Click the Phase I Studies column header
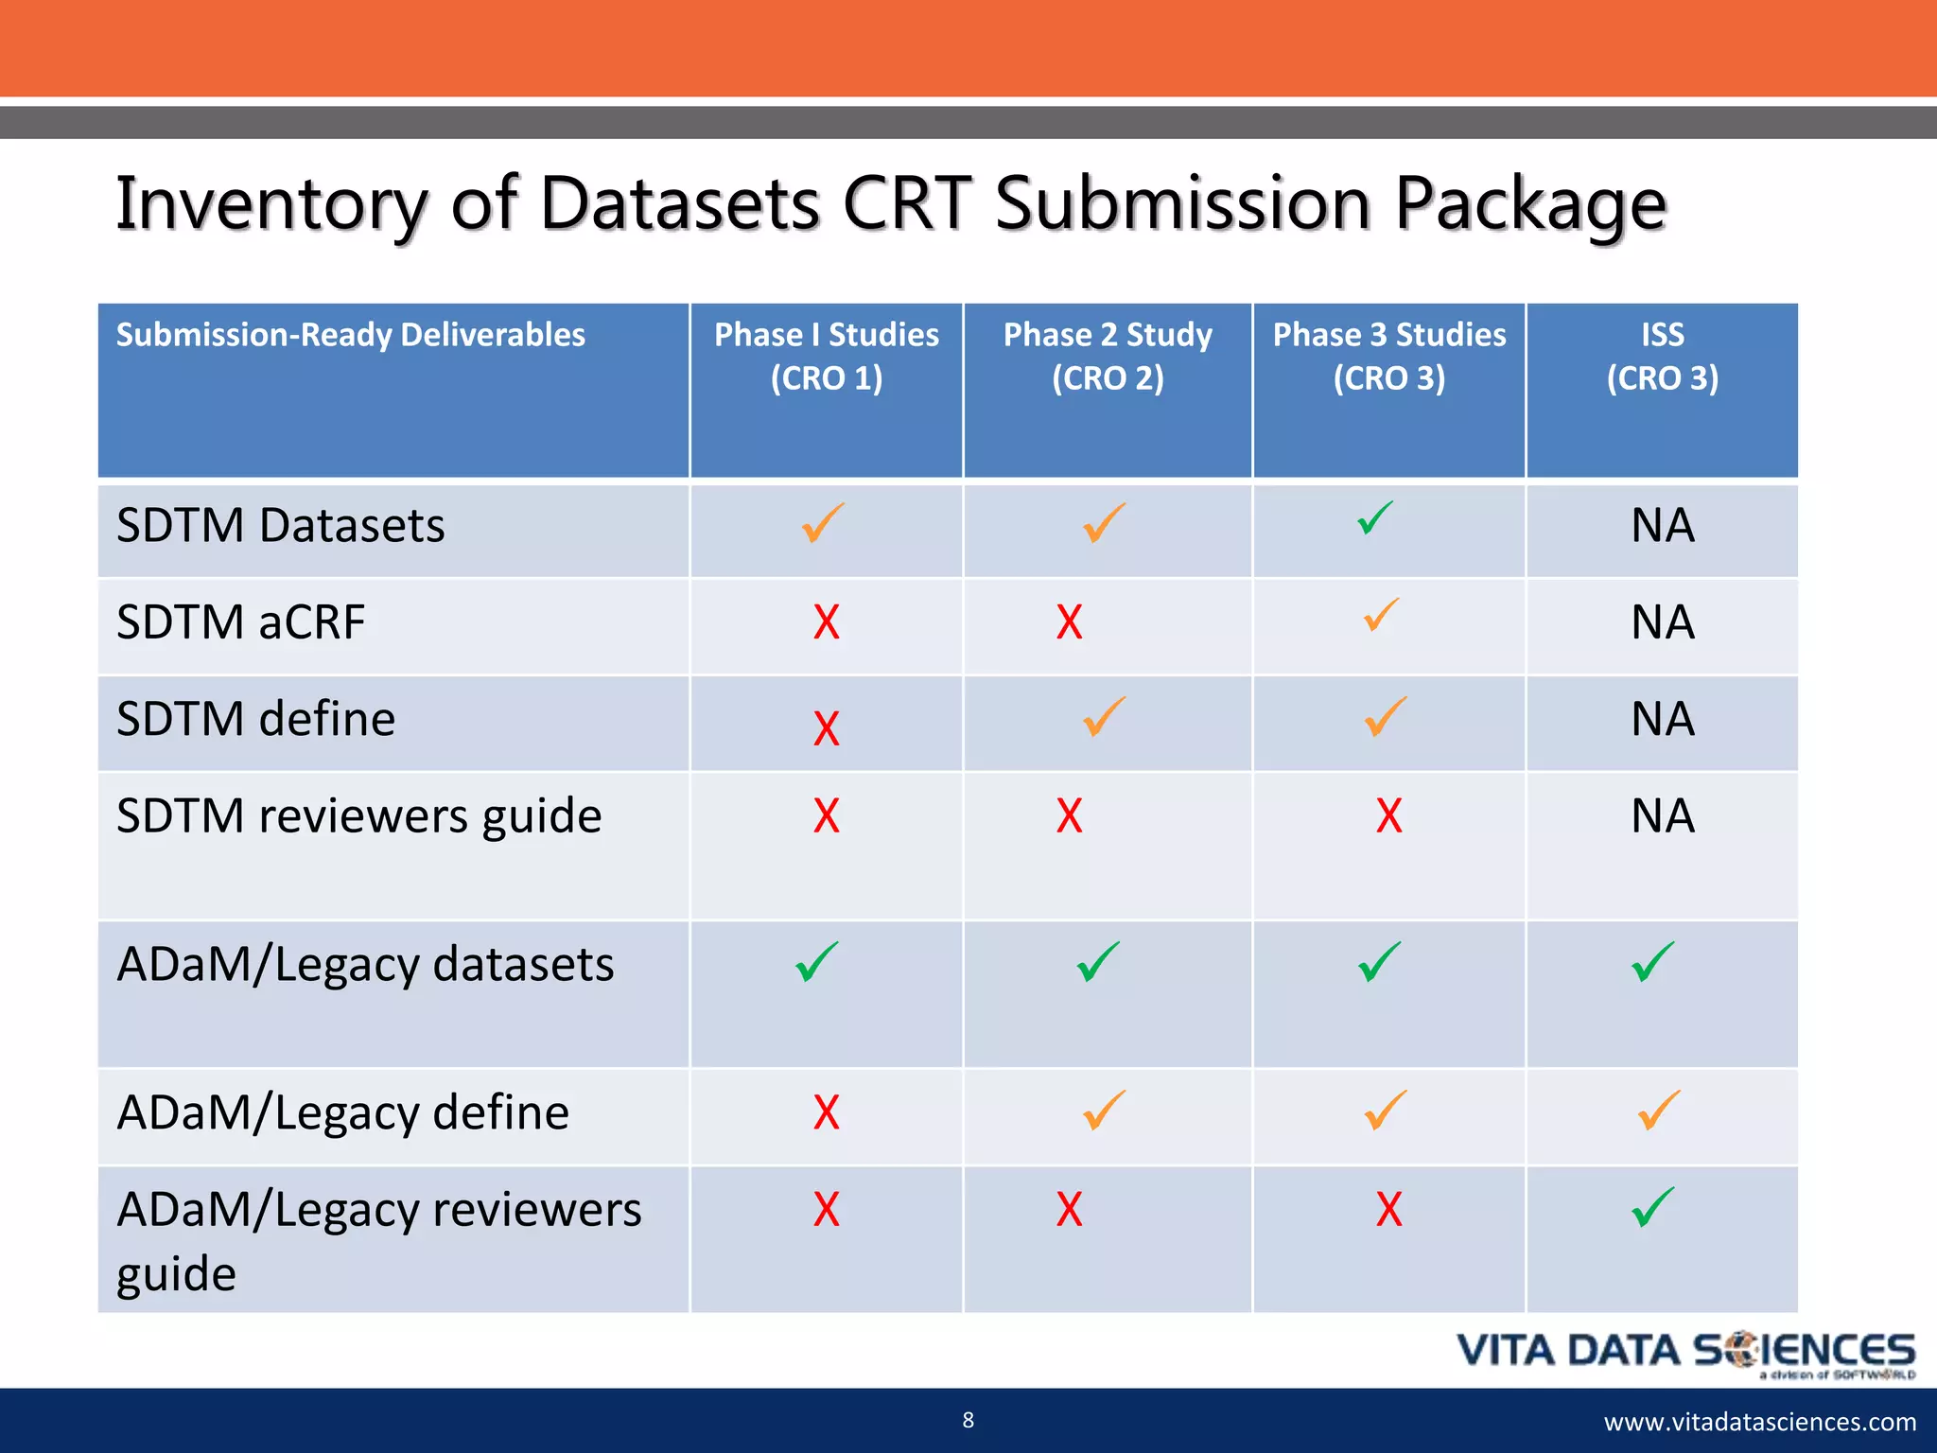(826, 356)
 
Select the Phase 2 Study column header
(1108, 356)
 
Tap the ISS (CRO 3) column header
(1662, 356)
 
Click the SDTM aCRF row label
(240, 622)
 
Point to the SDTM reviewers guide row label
(358, 815)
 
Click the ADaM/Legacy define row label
(342, 1112)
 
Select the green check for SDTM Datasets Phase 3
(1375, 517)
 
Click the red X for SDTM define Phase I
(826, 728)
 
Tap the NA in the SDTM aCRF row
(1662, 622)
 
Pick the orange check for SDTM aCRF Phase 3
(1381, 615)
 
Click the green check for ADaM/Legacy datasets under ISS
(1652, 962)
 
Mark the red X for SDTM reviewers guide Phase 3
(1388, 815)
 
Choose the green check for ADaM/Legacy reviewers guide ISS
(1652, 1207)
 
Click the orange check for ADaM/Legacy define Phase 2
(1104, 1111)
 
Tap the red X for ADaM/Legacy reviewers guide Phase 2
(1069, 1210)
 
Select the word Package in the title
(1529, 204)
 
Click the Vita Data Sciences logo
(1685, 1353)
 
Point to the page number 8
(968, 1420)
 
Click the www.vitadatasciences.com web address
(1759, 1422)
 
